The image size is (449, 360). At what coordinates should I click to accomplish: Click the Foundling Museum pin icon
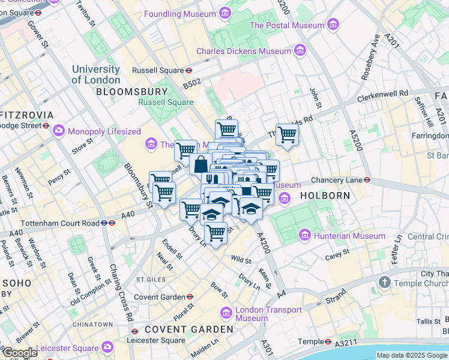pyautogui.click(x=224, y=13)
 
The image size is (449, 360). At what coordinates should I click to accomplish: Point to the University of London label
pyautogui.click(x=96, y=74)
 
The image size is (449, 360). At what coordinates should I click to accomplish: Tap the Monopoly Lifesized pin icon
pyautogui.click(x=59, y=131)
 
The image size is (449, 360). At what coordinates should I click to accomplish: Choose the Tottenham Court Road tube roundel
pyautogui.click(x=104, y=223)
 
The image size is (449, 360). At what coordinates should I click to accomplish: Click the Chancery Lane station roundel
pyautogui.click(x=367, y=179)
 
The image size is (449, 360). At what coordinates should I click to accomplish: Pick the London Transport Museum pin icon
pyautogui.click(x=226, y=313)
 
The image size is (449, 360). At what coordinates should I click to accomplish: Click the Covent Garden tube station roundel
pyautogui.click(x=190, y=296)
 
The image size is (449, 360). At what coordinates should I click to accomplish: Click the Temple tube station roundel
pyautogui.click(x=328, y=341)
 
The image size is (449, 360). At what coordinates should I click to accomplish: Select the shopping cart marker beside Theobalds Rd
pyautogui.click(x=287, y=134)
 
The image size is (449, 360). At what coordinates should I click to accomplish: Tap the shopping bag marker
pyautogui.click(x=200, y=163)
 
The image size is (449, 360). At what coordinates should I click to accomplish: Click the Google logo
pyautogui.click(x=20, y=353)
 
